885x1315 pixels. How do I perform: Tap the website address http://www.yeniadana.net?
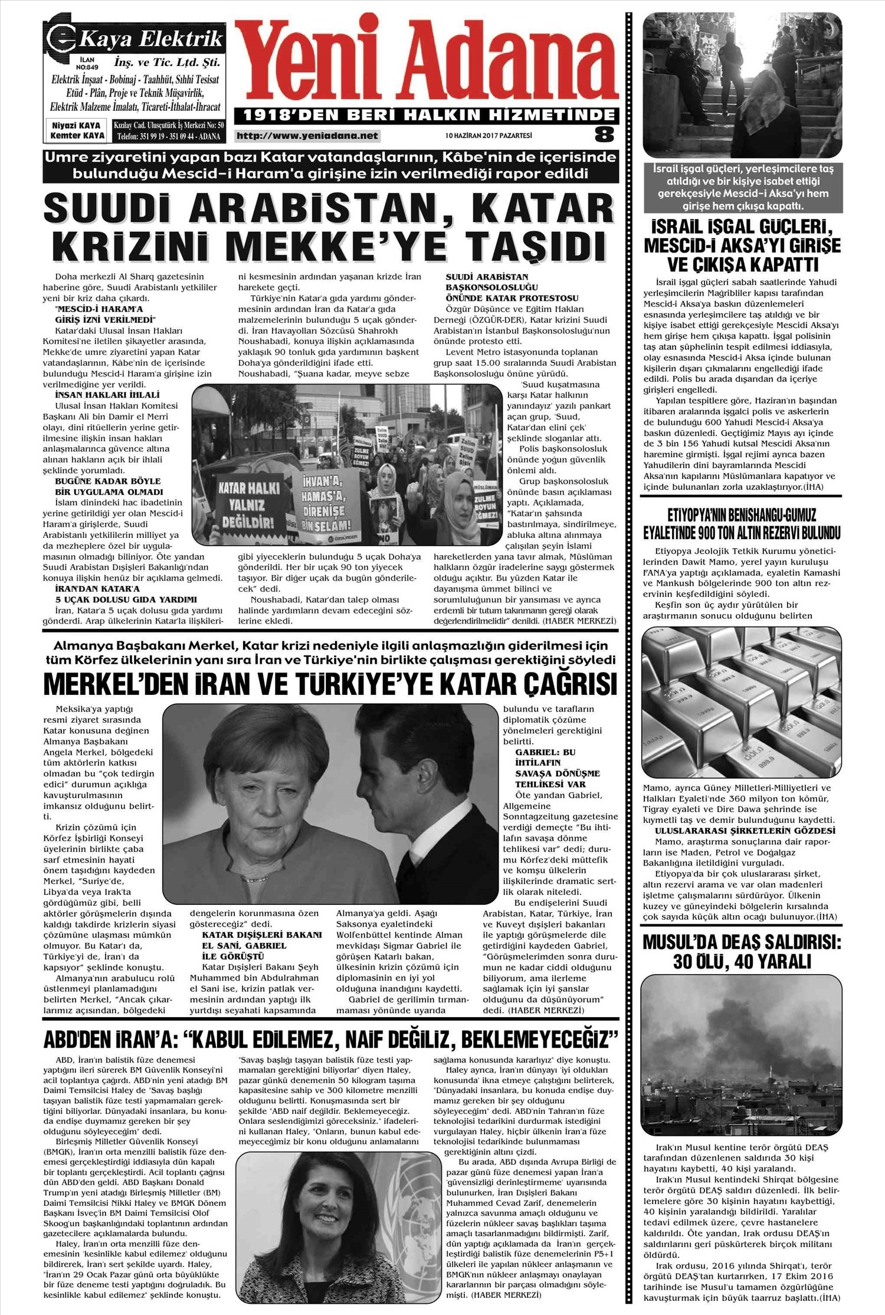coord(307,136)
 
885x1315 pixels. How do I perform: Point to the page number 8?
coord(604,135)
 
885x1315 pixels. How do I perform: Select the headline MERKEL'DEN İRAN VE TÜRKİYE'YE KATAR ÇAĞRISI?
coord(330,684)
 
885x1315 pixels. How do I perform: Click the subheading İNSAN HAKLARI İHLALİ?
coord(99,395)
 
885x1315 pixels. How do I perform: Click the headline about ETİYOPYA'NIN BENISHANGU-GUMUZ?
coord(742,524)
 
